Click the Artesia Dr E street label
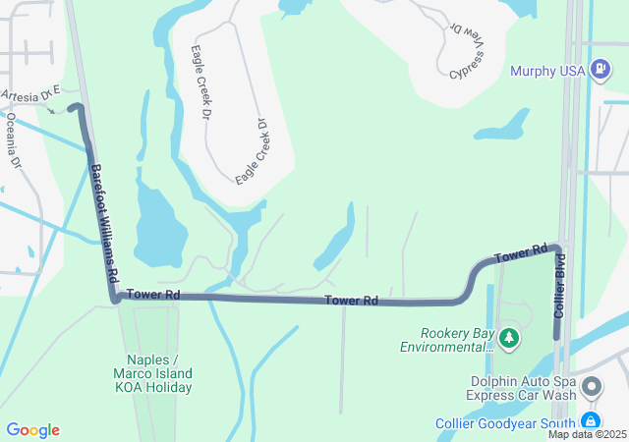click(30, 93)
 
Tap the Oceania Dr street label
click(14, 141)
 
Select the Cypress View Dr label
click(470, 52)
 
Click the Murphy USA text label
click(546, 71)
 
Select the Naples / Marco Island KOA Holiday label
click(159, 373)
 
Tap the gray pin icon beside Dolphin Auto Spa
click(592, 386)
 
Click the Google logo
click(33, 430)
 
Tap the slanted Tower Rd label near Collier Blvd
click(520, 254)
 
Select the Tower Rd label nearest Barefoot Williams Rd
click(153, 294)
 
